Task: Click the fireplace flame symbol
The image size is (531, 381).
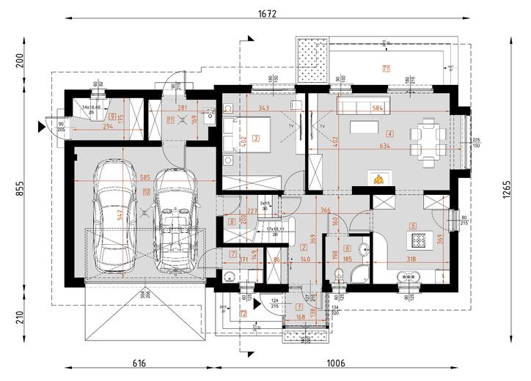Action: [x=378, y=179]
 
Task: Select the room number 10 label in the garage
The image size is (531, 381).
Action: [x=147, y=192]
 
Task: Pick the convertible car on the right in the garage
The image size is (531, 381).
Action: [x=173, y=220]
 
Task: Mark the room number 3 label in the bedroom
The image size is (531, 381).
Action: [x=255, y=138]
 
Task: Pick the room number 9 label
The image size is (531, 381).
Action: [x=111, y=116]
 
